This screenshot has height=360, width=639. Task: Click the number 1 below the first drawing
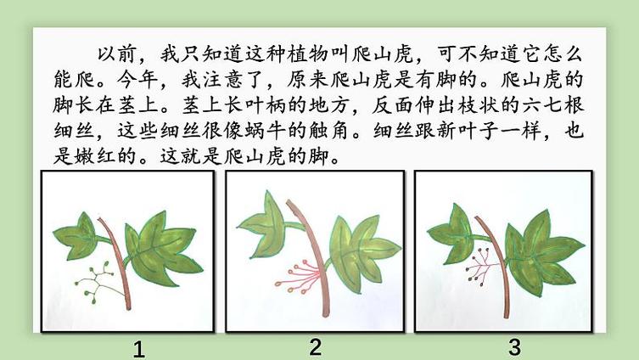[139, 350]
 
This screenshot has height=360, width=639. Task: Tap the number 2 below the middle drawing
[316, 347]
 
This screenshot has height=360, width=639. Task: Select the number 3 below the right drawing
[515, 348]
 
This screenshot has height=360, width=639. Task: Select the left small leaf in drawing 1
[77, 237]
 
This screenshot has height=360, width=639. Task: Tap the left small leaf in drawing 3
[452, 233]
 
